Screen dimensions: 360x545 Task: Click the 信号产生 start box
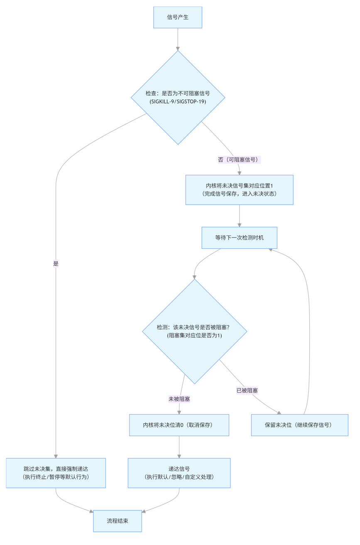pyautogui.click(x=178, y=17)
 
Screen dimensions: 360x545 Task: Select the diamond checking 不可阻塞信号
pyautogui.click(x=178, y=97)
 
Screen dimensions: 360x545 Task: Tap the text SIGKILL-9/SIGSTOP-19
pyautogui.click(x=178, y=101)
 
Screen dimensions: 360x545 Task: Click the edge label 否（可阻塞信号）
pyautogui.click(x=239, y=160)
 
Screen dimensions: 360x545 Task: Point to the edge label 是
pyautogui.click(x=56, y=263)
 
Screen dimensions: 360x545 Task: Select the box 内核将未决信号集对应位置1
pyautogui.click(x=239, y=190)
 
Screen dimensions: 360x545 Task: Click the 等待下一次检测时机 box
pyautogui.click(x=239, y=238)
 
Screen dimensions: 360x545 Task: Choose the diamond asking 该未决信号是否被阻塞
pyautogui.click(x=195, y=331)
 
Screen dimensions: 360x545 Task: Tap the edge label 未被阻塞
pyautogui.click(x=179, y=399)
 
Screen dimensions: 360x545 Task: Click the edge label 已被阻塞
pyautogui.click(x=247, y=390)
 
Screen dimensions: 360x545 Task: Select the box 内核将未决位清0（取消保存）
pyautogui.click(x=179, y=425)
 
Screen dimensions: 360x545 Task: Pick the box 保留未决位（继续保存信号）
pyautogui.click(x=300, y=425)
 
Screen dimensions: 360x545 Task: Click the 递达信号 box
pyautogui.click(x=179, y=473)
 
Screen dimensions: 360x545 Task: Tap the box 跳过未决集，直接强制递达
pyautogui.click(x=56, y=473)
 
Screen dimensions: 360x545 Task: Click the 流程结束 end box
pyautogui.click(x=118, y=521)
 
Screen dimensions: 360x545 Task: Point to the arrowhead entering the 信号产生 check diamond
pyautogui.click(x=178, y=49)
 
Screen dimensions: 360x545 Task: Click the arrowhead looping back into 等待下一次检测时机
pyautogui.click(x=270, y=250)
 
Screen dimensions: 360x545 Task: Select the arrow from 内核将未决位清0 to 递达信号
pyautogui.click(x=179, y=447)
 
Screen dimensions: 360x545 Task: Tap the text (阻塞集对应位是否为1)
pyautogui.click(x=195, y=335)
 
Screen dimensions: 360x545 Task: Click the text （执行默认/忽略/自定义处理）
pyautogui.click(x=179, y=477)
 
